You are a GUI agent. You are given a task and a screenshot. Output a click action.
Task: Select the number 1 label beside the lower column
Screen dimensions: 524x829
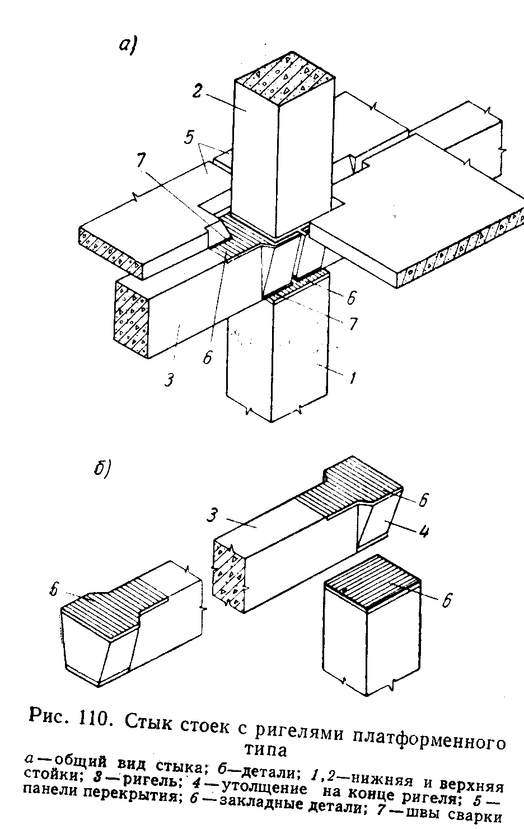[354, 379]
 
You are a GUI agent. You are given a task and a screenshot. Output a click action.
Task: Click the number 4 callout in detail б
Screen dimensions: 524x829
[424, 532]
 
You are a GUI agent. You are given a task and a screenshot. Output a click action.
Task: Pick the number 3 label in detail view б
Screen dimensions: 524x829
[213, 515]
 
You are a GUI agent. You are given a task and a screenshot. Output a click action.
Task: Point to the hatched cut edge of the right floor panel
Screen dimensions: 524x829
[460, 246]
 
